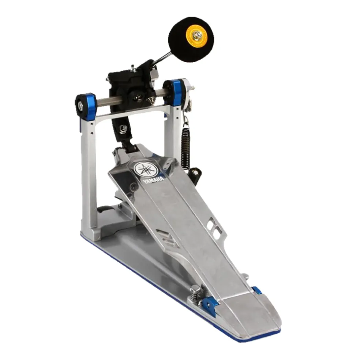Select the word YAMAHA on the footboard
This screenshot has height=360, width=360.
[x=153, y=180]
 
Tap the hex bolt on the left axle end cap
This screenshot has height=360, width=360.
[x=80, y=106]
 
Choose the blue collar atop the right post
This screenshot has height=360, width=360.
[x=178, y=93]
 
